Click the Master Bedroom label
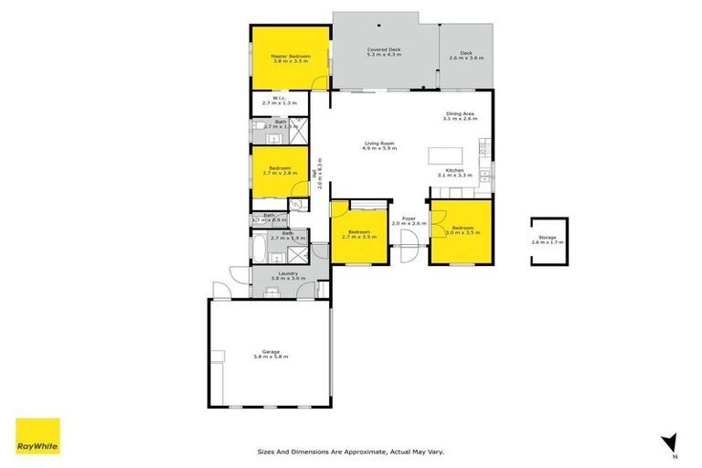291,57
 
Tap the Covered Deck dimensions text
384,56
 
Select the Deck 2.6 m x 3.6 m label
467,56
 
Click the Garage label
270,353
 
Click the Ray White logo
37,436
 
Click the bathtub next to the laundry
261,248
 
